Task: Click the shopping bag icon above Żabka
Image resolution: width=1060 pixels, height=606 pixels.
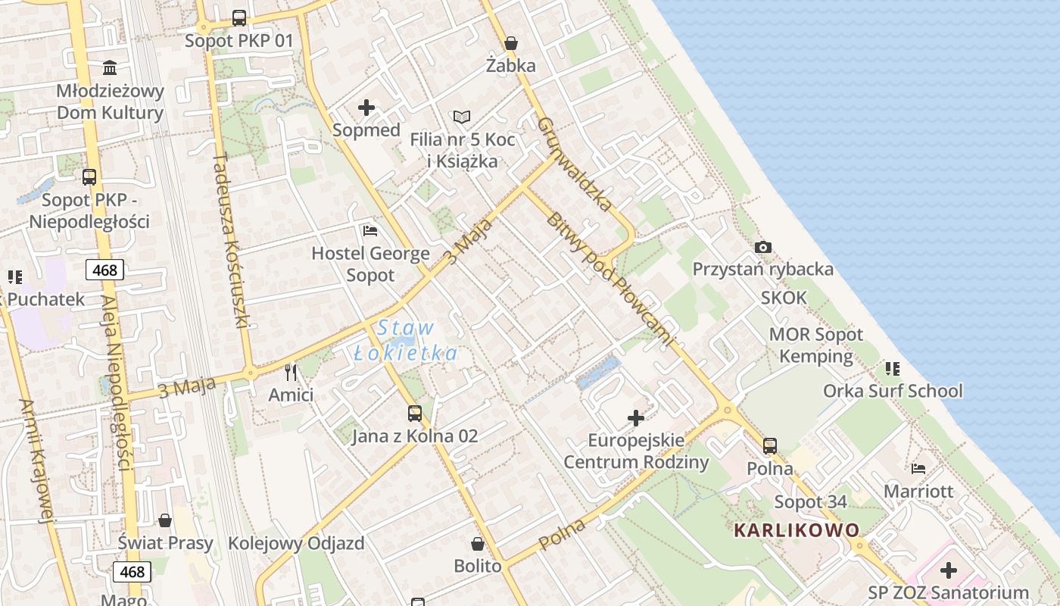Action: pos(511,43)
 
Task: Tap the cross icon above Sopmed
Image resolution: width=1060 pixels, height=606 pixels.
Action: pos(366,108)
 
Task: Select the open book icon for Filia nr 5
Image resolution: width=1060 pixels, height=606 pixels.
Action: pos(462,117)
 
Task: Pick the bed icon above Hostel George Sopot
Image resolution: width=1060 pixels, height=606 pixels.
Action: pos(370,230)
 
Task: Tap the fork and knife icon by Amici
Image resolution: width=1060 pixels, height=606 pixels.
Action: pos(291,372)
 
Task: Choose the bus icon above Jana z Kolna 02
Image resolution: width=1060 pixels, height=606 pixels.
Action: pos(415,413)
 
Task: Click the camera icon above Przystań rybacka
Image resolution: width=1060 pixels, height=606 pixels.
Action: pos(763,247)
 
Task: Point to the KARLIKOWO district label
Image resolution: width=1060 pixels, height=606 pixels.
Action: pos(797,529)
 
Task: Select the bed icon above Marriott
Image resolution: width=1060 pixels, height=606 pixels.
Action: pos(918,468)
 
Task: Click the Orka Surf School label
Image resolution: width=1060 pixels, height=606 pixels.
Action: pos(893,391)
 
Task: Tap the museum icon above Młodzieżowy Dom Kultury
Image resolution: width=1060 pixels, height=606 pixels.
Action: pos(110,68)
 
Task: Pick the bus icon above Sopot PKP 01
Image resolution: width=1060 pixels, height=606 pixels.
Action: pos(238,17)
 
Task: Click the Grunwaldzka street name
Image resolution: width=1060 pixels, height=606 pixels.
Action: pos(575,163)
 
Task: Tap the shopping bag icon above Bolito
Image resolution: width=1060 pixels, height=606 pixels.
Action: pos(478,543)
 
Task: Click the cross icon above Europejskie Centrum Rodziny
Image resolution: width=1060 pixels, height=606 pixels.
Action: pos(636,417)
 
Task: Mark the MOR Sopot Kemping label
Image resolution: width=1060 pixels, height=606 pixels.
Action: pos(815,345)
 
